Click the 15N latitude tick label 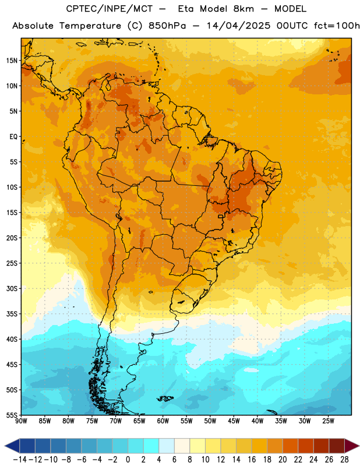pos(12,61)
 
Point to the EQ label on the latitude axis pos(13,137)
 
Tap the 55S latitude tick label pos(12,415)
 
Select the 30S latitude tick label pos(12,288)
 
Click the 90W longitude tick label pos(22,421)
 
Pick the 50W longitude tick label pos(210,421)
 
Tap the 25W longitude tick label pos(328,421)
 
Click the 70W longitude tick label pos(116,421)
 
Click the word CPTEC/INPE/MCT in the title pos(109,9)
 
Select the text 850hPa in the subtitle pos(167,26)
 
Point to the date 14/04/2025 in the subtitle pos(238,26)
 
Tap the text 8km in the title pos(243,9)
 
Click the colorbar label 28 pos(344,460)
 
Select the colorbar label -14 pos(20,460)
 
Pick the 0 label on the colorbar pos(128,460)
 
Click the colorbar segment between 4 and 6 pos(167,446)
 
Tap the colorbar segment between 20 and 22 pos(290,446)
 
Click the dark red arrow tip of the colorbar pos(352,446)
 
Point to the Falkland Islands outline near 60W pos(165,398)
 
